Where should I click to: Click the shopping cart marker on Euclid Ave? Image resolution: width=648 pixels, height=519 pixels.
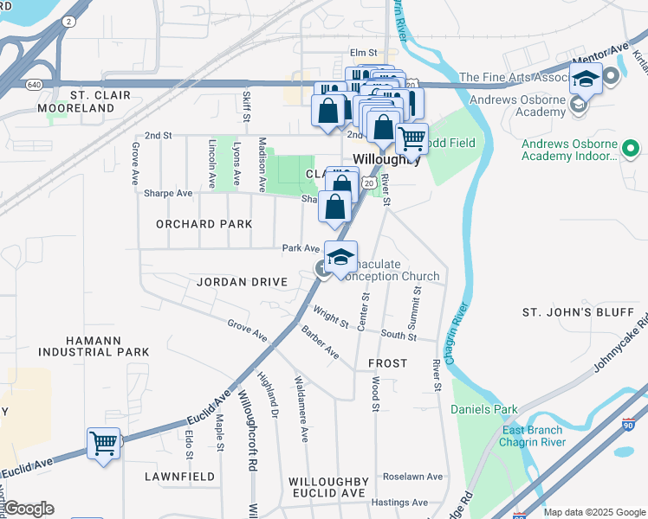103,444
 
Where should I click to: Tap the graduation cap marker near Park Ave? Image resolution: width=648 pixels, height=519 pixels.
341,257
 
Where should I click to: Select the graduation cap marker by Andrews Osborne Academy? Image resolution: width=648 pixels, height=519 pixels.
586,80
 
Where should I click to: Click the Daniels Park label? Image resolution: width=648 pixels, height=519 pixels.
484,409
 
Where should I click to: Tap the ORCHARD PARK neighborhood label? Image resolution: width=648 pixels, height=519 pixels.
204,224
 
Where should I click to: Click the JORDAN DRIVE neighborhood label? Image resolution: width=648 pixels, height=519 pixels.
241,282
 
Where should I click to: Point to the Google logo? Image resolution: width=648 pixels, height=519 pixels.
29,509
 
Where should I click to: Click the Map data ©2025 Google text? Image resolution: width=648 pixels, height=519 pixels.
593,512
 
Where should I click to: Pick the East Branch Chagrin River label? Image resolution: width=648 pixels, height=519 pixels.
532,436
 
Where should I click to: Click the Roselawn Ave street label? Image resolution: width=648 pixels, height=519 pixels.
413,477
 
